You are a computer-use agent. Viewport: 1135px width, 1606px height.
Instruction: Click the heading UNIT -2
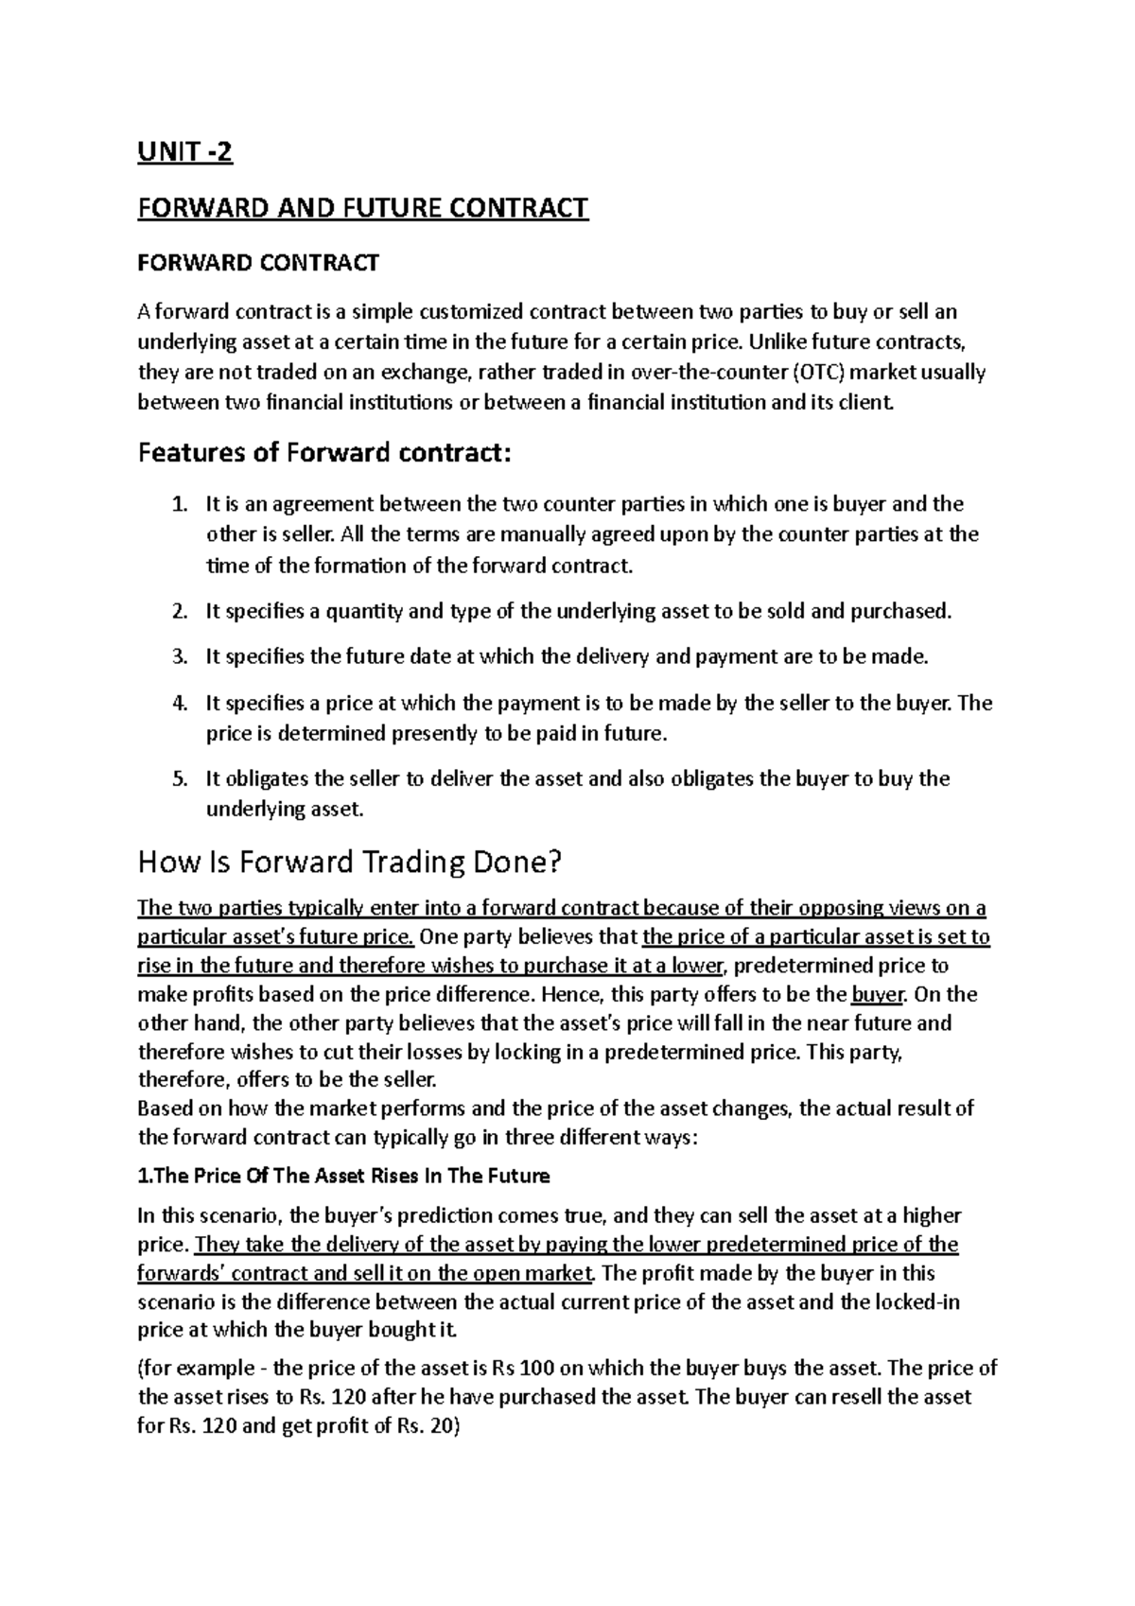coord(184,152)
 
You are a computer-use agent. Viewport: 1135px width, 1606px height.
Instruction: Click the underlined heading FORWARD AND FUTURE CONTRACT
coord(363,208)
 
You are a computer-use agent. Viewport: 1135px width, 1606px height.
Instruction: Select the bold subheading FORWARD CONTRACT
coord(258,263)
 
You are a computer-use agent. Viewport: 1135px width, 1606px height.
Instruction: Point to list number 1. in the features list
coord(180,504)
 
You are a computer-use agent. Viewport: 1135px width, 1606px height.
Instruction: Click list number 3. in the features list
coord(180,656)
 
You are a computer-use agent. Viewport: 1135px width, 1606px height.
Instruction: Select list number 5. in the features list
coord(180,779)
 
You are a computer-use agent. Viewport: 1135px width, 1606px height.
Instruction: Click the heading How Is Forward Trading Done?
coord(350,863)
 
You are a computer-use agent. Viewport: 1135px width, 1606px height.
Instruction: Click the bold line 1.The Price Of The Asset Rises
coord(343,1177)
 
